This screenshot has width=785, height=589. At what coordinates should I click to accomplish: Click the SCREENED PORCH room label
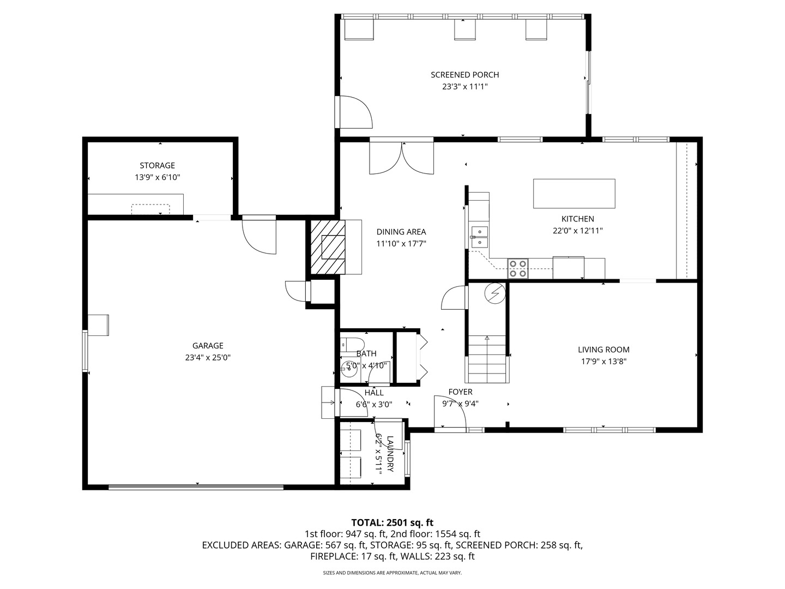coord(464,75)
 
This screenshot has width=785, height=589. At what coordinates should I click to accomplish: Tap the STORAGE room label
coord(158,166)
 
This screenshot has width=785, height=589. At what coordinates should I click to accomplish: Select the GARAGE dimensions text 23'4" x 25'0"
coord(208,358)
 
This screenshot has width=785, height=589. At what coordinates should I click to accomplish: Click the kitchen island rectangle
coord(574,194)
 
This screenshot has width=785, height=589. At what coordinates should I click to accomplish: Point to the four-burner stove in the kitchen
coord(518,268)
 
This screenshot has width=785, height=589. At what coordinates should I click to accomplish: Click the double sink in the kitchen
coord(479,237)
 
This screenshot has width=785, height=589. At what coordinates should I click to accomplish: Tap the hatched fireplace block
coord(328,247)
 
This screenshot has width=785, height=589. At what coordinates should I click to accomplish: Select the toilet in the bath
coord(352,344)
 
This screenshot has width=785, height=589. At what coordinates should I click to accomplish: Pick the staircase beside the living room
coord(487,359)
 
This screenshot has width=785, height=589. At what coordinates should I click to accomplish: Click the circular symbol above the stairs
coord(495,293)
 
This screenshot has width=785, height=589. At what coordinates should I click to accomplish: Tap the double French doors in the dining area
coord(402,158)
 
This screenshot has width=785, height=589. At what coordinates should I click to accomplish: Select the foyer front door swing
coord(450,411)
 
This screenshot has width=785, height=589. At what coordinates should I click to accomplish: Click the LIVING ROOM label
coord(603,350)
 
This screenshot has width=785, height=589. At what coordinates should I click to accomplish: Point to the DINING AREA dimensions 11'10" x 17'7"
coord(401,244)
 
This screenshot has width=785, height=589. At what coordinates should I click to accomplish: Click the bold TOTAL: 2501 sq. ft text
coord(392,523)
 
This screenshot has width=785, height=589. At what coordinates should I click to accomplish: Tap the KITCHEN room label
coord(577,219)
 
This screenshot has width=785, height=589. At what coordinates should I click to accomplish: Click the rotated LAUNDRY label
coord(390,454)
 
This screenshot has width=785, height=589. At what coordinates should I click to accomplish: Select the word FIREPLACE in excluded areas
coord(334,556)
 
